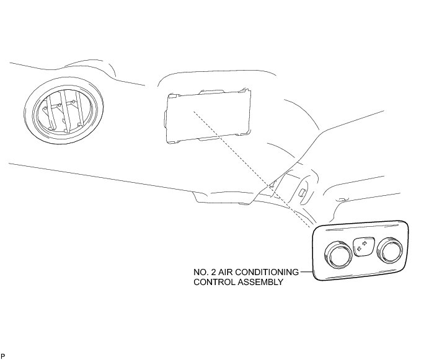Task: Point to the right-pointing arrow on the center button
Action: (365, 245)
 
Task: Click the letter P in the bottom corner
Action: (3, 355)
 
